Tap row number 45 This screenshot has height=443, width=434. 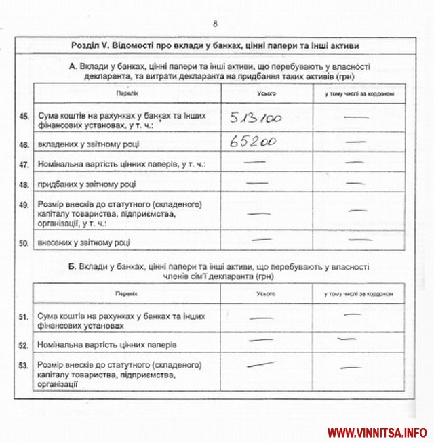(24, 117)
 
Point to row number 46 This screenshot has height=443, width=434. (24, 145)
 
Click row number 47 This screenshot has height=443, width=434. (24, 165)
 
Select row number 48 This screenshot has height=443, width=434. (24, 184)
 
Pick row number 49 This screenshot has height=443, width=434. (24, 204)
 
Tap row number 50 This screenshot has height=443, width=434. (24, 242)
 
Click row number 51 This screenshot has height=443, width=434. (24, 316)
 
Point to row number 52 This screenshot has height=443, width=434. (24, 345)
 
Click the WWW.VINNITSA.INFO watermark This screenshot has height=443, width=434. (377, 432)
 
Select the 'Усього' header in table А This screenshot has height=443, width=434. (267, 93)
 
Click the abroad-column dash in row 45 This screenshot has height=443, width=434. (357, 118)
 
